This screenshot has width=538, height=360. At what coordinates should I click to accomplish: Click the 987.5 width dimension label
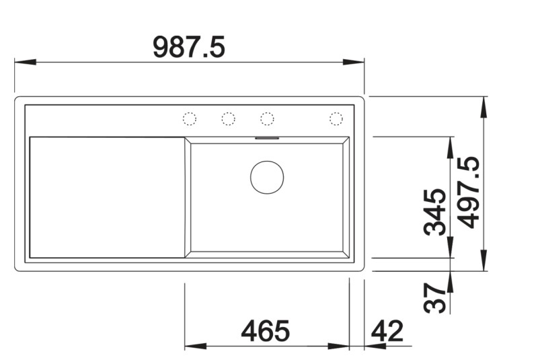click(188, 47)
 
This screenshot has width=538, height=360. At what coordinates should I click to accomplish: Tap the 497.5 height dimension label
click(470, 192)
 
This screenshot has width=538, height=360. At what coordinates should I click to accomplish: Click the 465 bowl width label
click(266, 331)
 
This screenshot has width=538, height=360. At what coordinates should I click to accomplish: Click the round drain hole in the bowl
click(267, 177)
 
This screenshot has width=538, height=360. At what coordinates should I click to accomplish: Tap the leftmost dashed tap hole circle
click(190, 119)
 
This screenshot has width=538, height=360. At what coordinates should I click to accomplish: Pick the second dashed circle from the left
click(229, 119)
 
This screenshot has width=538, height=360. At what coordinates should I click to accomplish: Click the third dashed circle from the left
click(267, 119)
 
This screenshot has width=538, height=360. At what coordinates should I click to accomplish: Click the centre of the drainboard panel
click(106, 196)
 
